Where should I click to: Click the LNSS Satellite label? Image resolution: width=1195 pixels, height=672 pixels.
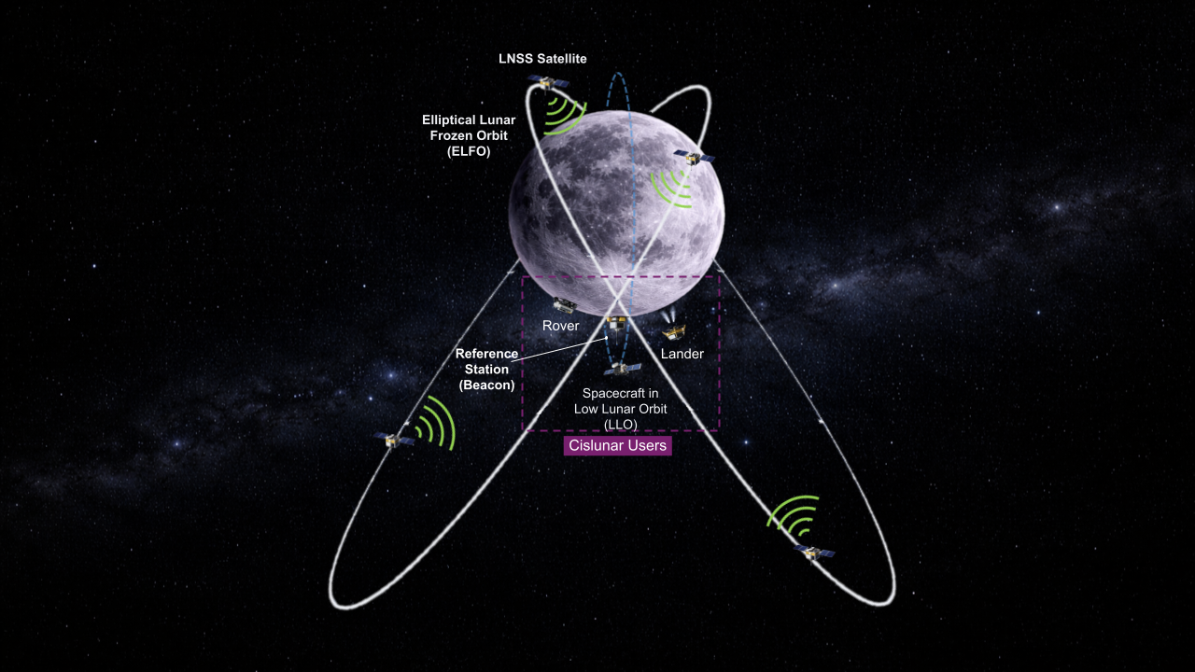tap(542, 59)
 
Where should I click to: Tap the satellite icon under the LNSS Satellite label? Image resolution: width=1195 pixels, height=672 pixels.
tap(548, 83)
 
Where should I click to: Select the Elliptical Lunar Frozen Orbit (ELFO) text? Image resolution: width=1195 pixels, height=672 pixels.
tap(469, 135)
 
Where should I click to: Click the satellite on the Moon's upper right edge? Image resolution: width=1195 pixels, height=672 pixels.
tap(694, 158)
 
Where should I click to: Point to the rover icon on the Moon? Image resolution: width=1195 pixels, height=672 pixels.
tap(565, 305)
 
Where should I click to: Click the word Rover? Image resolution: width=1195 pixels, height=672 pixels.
tap(561, 326)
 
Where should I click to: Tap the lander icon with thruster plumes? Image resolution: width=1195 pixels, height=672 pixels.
tap(673, 327)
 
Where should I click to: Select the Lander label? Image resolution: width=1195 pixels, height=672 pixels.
tap(682, 354)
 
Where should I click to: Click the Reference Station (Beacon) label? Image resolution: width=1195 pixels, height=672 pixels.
tap(486, 369)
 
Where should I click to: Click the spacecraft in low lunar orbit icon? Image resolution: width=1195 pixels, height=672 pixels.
tap(622, 369)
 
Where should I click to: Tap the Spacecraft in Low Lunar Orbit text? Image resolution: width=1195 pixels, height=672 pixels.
tap(621, 409)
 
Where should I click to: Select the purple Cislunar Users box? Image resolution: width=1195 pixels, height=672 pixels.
tap(618, 445)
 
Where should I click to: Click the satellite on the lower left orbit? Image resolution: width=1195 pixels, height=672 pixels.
tap(394, 441)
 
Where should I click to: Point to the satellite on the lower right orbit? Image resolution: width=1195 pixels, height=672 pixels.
tap(813, 553)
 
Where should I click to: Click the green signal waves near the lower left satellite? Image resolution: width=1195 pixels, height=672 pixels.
tap(435, 423)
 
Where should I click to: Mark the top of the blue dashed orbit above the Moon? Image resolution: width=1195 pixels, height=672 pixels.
tap(618, 73)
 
